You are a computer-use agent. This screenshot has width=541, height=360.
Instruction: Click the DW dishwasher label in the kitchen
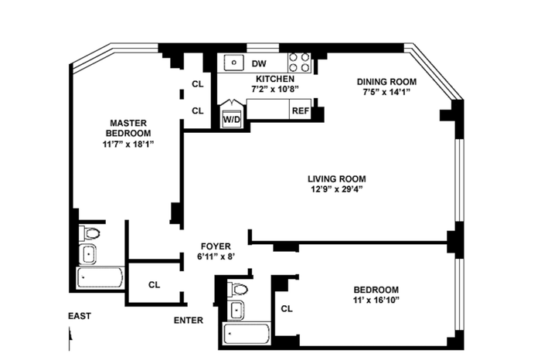259,64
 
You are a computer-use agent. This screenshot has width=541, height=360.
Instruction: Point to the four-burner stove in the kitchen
299,63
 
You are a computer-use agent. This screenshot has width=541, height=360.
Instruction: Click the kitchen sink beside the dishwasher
234,63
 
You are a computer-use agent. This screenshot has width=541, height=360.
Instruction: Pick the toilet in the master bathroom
90,233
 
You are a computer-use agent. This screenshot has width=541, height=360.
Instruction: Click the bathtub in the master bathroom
100,278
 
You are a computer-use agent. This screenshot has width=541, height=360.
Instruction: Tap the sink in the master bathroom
88,254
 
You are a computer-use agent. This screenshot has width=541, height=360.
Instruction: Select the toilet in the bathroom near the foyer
238,289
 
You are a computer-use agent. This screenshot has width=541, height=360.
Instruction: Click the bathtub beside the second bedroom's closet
247,334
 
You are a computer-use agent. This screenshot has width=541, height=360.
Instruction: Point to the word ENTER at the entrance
189,321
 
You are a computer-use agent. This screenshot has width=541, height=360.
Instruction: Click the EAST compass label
80,316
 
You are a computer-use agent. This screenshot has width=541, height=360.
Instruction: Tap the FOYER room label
216,246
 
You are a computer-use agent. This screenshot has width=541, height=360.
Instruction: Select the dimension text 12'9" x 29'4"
336,189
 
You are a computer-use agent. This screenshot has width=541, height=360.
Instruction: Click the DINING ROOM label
386,82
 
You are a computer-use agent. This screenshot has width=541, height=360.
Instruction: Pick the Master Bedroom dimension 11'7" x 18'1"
128,144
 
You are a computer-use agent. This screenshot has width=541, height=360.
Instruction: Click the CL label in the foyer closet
155,285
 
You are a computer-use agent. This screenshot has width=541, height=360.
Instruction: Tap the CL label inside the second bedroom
287,308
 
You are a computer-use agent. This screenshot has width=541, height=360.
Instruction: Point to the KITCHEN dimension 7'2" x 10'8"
274,89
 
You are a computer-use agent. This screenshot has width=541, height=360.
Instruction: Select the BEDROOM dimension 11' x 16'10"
376,300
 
